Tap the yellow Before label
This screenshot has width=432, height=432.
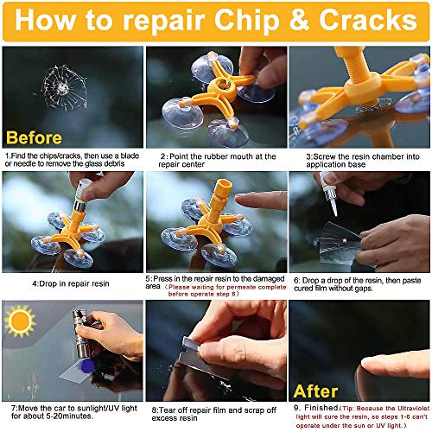tap(35, 137)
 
